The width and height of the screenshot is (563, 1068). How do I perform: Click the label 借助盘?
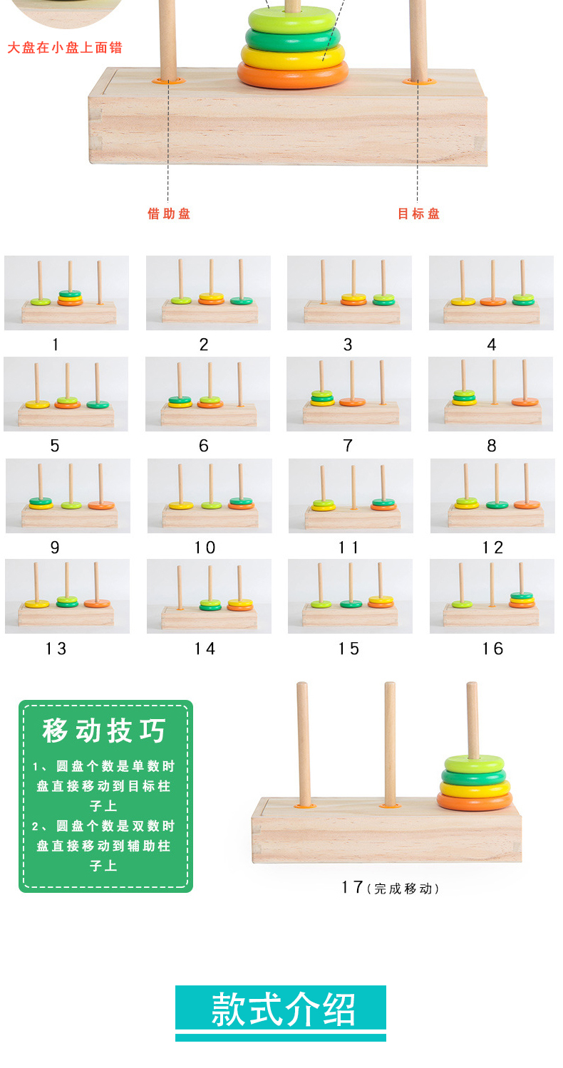(169, 214)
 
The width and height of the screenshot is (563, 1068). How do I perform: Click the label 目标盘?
(418, 214)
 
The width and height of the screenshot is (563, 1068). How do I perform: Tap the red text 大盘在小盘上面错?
(65, 48)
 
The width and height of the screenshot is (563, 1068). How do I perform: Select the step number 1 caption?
(56, 345)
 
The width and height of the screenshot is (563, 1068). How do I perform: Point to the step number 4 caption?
(491, 345)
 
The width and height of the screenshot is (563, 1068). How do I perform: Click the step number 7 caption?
(348, 446)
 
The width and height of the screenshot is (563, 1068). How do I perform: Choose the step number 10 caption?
(205, 548)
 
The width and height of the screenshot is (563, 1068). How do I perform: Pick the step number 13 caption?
(56, 649)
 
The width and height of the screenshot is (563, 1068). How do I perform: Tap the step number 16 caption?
(492, 649)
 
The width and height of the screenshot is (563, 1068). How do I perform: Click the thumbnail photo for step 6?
(207, 394)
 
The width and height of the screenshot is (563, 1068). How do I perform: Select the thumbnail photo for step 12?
(492, 496)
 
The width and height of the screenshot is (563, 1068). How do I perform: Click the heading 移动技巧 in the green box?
(104, 731)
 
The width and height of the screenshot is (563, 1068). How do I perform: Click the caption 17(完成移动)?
(389, 888)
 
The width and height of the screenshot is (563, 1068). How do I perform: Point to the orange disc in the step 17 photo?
(475, 801)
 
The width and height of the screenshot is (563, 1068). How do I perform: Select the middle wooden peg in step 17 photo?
(390, 740)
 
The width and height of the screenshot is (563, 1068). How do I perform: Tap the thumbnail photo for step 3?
(349, 293)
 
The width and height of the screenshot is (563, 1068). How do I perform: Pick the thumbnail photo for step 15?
(349, 596)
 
